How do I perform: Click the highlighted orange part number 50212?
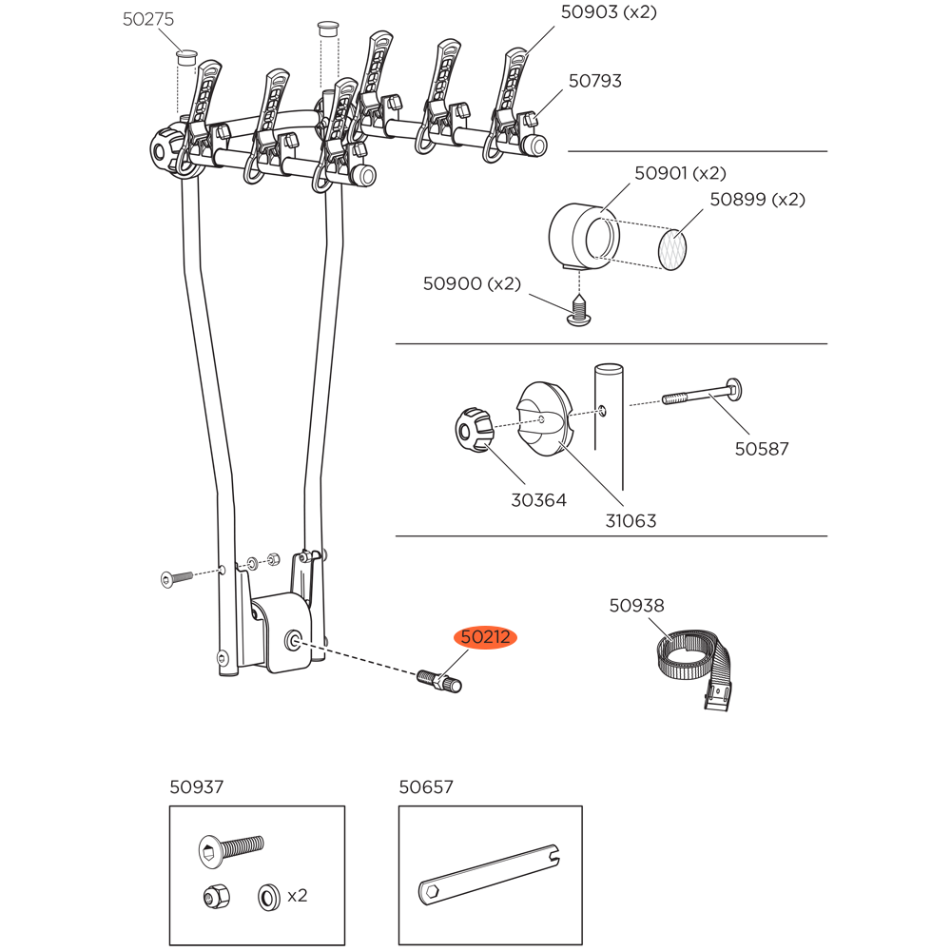tap(486, 637)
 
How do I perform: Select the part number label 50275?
tap(148, 19)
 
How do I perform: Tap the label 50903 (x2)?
tap(609, 11)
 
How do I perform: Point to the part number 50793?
tap(595, 81)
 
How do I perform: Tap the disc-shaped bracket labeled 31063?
tap(543, 419)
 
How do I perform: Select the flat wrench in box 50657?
tap(490, 874)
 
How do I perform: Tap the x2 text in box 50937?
tap(297, 895)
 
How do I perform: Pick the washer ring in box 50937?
tap(267, 896)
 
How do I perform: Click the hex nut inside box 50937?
tap(215, 896)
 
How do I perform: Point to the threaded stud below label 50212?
tap(438, 680)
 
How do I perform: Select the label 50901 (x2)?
tap(679, 173)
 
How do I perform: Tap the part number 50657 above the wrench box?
tap(426, 787)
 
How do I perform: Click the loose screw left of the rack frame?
tap(177, 576)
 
